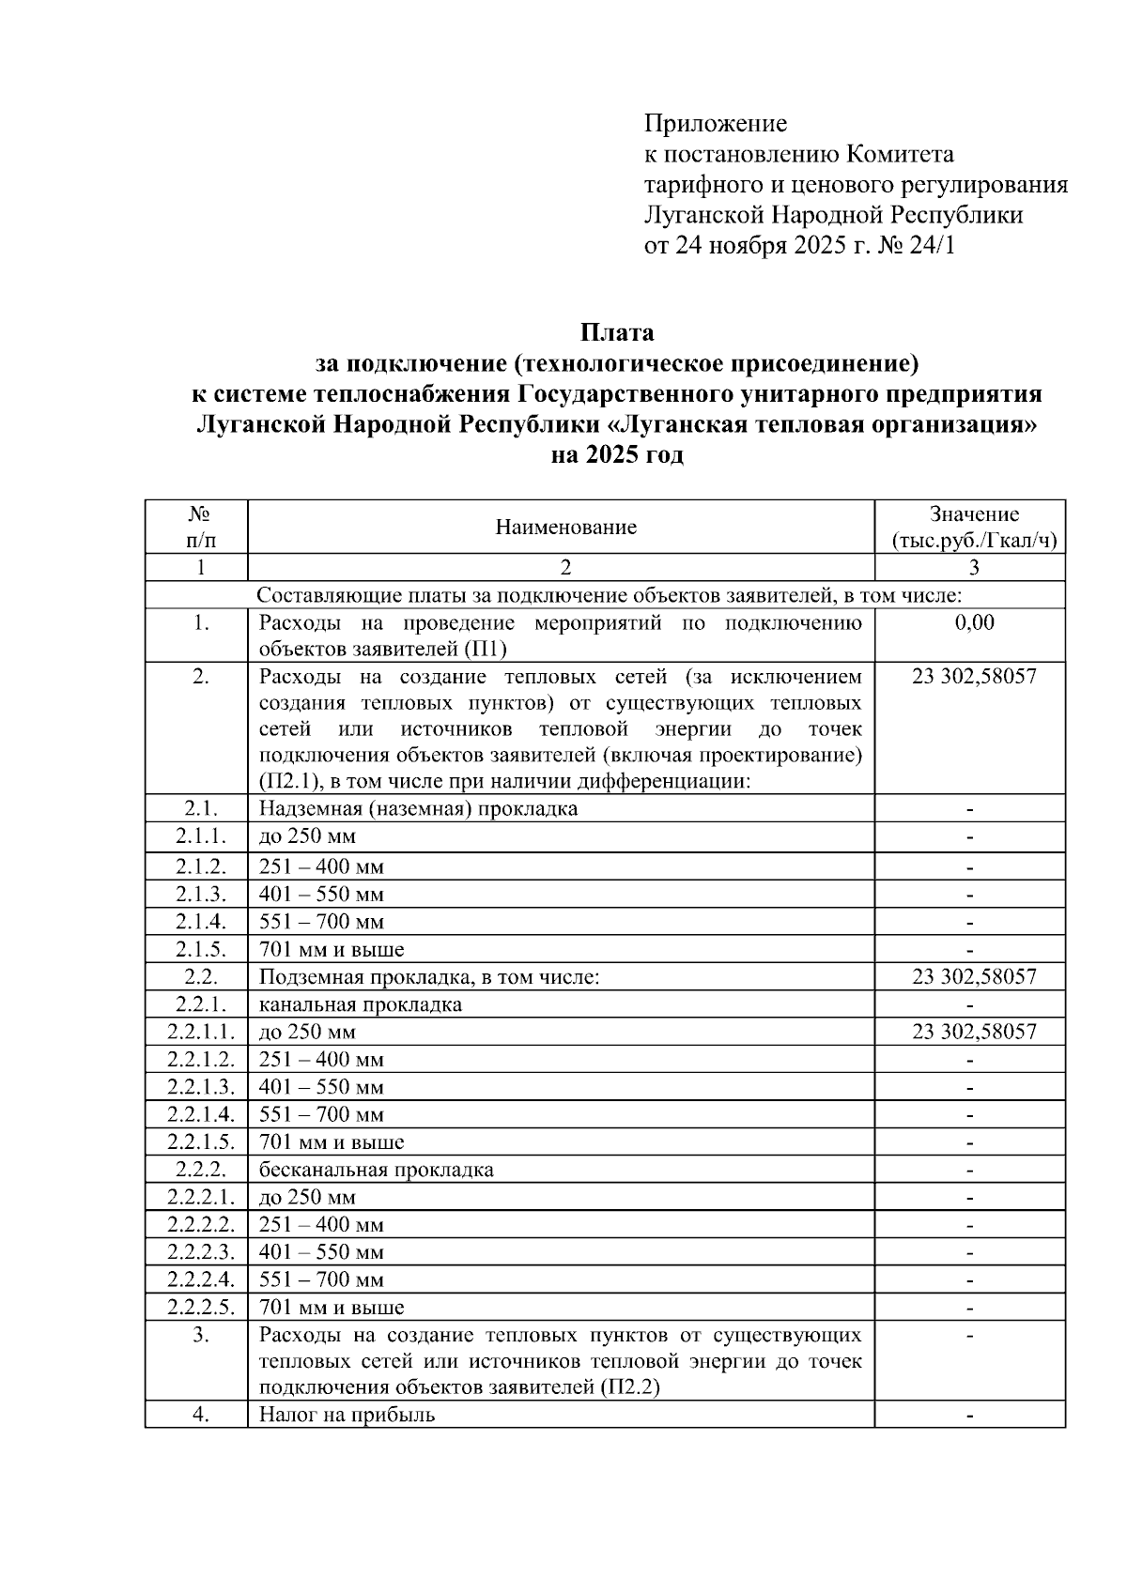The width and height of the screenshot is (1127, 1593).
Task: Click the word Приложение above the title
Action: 715,124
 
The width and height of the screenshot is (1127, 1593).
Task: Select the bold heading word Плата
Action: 616,332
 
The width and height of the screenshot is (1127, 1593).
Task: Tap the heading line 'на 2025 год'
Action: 616,455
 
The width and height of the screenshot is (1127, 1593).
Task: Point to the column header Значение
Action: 973,514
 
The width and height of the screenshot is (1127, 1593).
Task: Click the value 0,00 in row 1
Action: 973,623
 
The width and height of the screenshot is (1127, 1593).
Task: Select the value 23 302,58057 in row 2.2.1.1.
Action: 973,1032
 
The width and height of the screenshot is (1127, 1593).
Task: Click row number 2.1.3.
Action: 200,895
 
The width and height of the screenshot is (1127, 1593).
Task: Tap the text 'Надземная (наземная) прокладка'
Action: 418,808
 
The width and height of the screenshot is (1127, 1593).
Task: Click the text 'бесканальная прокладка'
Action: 376,1170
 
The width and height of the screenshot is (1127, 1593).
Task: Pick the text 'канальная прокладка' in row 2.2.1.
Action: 361,1004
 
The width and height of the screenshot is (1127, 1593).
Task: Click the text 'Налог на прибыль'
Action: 347,1414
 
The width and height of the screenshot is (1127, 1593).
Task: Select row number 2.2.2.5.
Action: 200,1307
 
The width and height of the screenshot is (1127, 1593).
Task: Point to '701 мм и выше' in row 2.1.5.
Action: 332,949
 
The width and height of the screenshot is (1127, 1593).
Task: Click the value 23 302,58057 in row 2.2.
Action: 973,976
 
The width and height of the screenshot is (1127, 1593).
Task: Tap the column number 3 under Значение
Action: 973,567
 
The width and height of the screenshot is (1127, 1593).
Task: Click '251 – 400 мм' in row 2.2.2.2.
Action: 321,1225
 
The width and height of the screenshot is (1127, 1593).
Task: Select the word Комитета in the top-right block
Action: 900,154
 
